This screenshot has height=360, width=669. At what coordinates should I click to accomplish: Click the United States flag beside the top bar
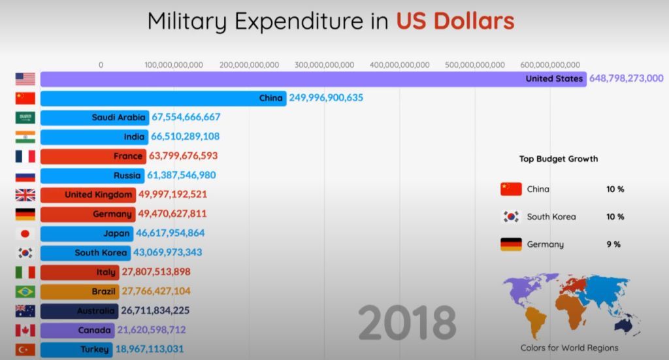tap(25, 79)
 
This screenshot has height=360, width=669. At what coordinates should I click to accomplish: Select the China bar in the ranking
tap(163, 98)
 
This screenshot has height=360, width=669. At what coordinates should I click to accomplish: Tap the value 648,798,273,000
tap(627, 78)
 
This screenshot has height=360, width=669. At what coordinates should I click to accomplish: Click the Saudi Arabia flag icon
tap(25, 118)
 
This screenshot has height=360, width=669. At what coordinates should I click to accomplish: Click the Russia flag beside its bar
tap(25, 176)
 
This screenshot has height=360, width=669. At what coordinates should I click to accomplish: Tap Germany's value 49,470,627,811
tap(172, 214)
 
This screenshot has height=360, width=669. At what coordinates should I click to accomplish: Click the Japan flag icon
tap(25, 233)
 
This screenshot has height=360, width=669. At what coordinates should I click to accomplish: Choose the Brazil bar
tap(79, 291)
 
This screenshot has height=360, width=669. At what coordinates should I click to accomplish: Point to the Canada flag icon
tap(25, 330)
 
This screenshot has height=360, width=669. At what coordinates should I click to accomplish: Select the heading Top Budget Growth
tap(558, 159)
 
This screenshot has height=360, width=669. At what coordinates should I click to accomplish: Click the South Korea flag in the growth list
tap(510, 217)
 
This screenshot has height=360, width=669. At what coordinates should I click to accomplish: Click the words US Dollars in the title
tap(455, 21)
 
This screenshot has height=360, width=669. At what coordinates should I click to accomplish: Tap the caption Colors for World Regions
tap(569, 348)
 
